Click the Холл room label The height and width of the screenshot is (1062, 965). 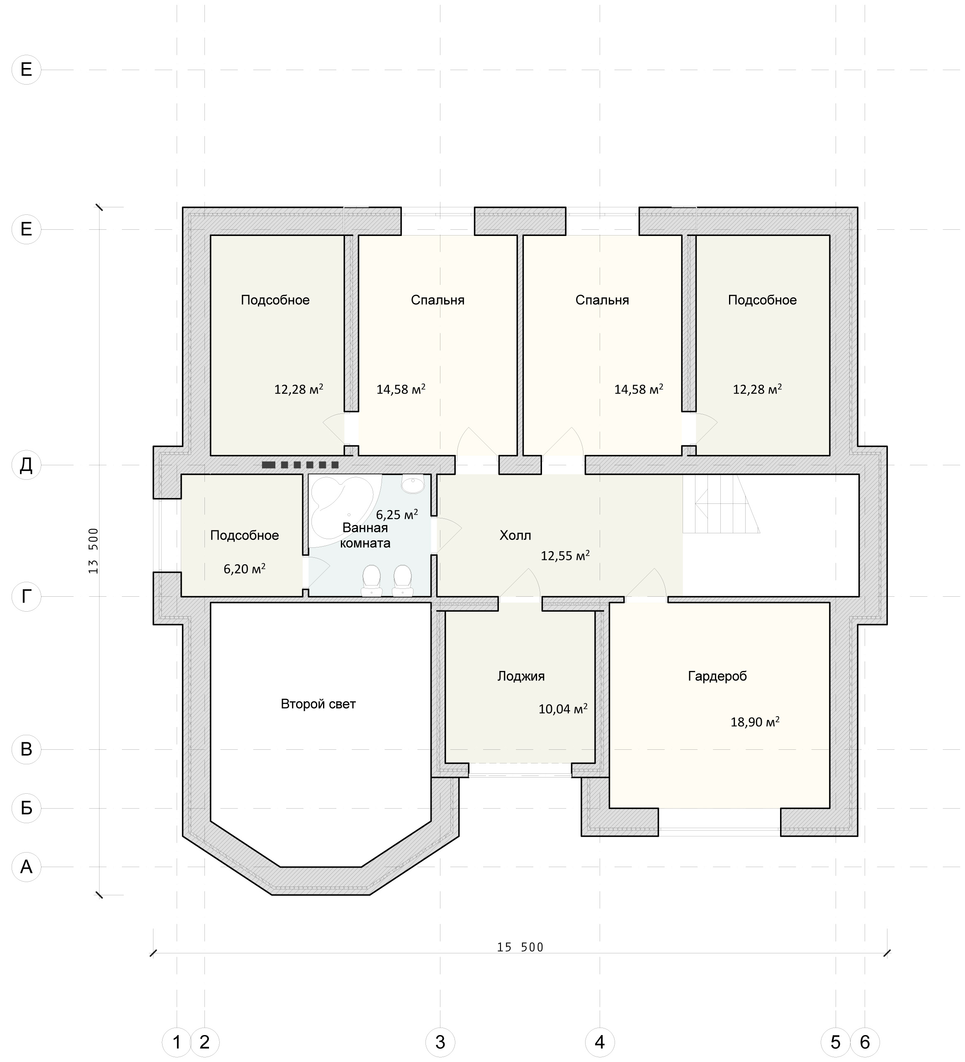tap(515, 536)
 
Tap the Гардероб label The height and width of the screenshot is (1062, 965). tap(717, 676)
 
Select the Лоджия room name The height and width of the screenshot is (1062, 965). tap(521, 676)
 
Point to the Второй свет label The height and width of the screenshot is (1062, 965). tap(318, 704)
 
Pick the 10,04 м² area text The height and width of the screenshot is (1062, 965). tap(563, 709)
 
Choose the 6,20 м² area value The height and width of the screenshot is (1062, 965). tap(244, 569)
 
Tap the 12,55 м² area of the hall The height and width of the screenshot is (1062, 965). tap(565, 555)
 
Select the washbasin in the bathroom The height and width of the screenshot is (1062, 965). tap(413, 484)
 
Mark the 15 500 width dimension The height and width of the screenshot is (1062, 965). tap(520, 948)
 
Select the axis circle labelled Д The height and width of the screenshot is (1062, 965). tap(27, 465)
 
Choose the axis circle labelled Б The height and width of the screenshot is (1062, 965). tap(27, 808)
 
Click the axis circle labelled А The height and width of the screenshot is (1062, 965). tap(27, 867)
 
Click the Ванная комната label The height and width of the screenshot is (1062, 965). tap(365, 535)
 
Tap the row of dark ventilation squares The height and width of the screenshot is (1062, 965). tap(300, 465)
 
